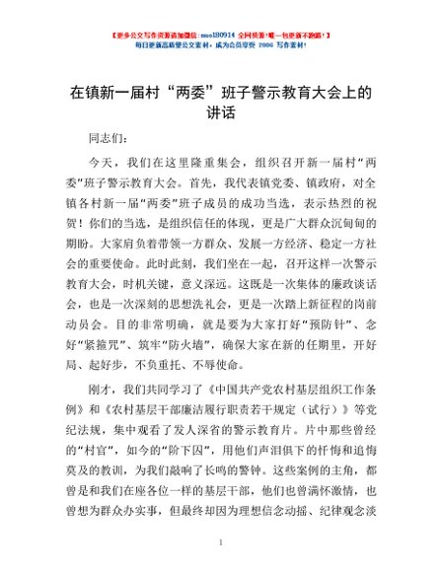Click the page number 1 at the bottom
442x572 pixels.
(221, 542)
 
